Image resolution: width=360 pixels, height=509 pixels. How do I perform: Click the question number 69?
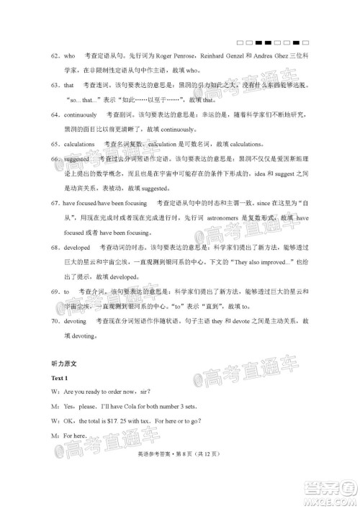(x=53, y=292)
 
